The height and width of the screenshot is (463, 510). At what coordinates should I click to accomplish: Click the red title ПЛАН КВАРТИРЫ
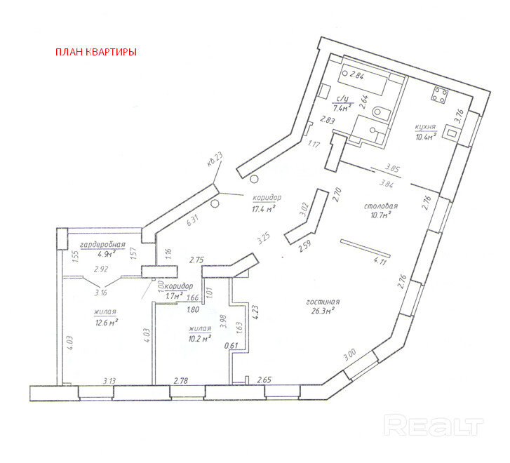pos(95,52)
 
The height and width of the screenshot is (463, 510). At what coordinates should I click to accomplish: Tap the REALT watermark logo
pos(436,424)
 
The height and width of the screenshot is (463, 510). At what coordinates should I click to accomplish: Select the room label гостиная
pos(322,302)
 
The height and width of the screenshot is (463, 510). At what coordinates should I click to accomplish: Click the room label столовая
pos(381,206)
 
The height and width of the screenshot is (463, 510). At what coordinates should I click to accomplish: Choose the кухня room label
pos(426,127)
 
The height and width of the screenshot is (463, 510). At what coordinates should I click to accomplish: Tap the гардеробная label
pos(102,245)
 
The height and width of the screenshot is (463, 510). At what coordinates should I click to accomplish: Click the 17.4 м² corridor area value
pos(264,208)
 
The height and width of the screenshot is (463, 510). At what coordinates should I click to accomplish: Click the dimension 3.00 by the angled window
pos(349,355)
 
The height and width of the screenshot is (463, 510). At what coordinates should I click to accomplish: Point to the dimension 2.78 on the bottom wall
pos(182,380)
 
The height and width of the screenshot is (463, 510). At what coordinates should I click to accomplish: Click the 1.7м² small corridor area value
pos(173,296)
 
